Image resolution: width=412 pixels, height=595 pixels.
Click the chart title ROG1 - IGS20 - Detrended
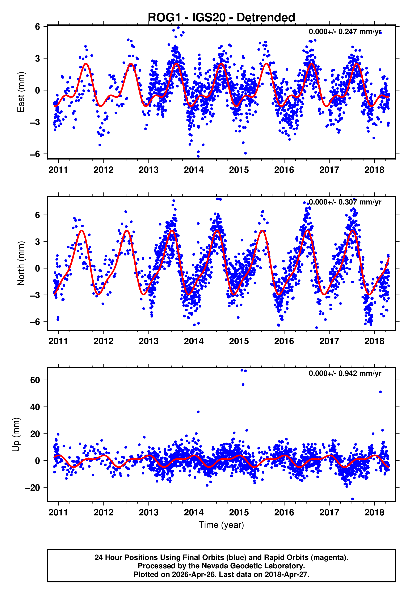click(221, 18)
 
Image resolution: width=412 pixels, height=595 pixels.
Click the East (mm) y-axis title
click(21, 92)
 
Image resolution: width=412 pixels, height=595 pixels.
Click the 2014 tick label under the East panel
click(194, 170)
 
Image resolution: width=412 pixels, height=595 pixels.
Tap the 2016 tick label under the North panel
click(284, 341)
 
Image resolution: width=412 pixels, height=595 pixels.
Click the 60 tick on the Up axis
click(35, 380)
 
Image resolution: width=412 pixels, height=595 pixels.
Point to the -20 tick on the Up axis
click(33, 488)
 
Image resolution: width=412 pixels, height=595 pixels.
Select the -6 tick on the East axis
click(35, 154)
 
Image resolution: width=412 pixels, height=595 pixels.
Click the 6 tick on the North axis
click(37, 215)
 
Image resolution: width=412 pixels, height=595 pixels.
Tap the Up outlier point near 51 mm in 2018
click(380, 392)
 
